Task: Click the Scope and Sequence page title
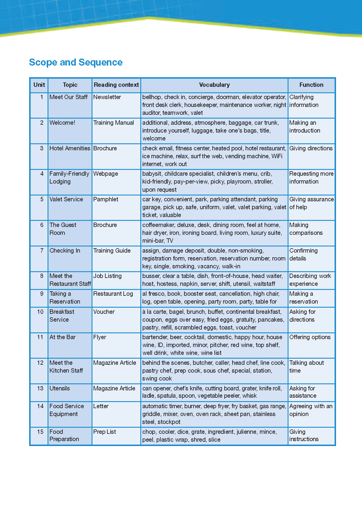[x=76, y=62]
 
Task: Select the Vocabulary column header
[x=214, y=85]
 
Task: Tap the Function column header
[x=311, y=85]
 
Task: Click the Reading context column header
[x=116, y=85]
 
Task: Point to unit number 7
[x=42, y=251]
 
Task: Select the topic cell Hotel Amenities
[x=70, y=148]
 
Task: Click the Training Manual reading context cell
[x=113, y=123]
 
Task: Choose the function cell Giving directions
[x=311, y=148]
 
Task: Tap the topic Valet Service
[x=66, y=199]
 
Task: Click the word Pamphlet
[x=106, y=199]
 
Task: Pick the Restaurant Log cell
[x=113, y=294]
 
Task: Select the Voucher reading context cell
[x=104, y=312]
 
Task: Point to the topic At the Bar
[x=62, y=337]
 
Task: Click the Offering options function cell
[x=310, y=337]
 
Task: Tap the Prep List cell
[x=104, y=432]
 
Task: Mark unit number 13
[x=40, y=388]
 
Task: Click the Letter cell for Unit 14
[x=101, y=406]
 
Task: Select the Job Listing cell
[x=107, y=276]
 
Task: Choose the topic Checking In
[x=65, y=251]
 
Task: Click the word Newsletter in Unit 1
[x=107, y=97]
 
